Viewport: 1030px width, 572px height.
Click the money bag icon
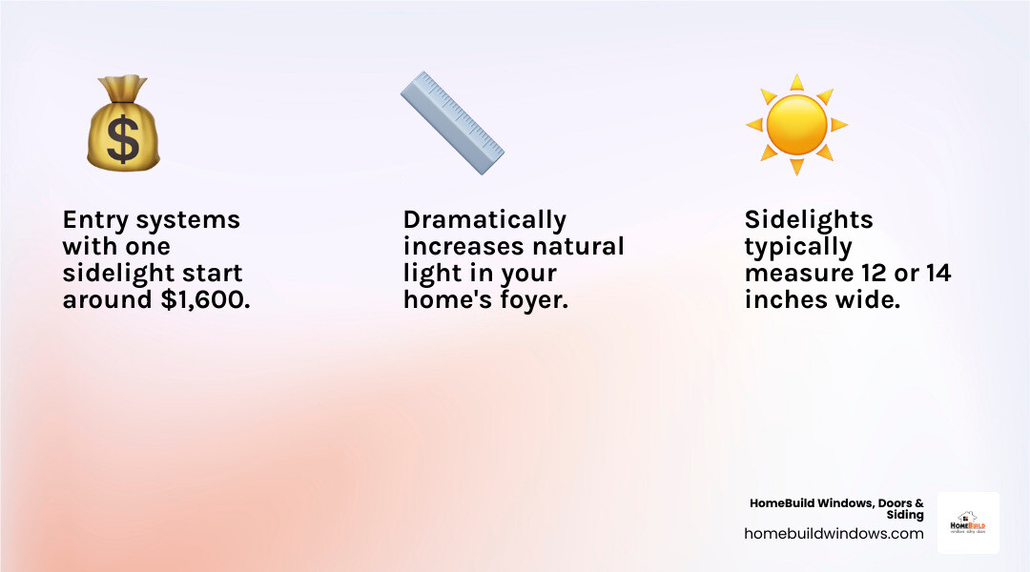click(123, 126)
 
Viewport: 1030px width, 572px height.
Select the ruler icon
click(452, 123)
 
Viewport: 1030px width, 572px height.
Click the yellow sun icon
click(796, 125)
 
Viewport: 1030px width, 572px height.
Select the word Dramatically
click(484, 220)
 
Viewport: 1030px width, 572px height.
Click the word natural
click(578, 247)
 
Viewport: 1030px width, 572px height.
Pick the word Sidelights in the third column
click(809, 220)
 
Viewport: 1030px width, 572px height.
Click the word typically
click(798, 247)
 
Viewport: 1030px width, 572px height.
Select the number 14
click(937, 274)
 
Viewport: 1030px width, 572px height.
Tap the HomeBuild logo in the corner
click(968, 523)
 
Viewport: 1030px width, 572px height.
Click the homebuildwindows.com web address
click(834, 534)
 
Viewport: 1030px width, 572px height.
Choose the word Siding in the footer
click(905, 515)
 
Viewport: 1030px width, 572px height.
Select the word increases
click(461, 247)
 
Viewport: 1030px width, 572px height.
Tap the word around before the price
click(102, 300)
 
